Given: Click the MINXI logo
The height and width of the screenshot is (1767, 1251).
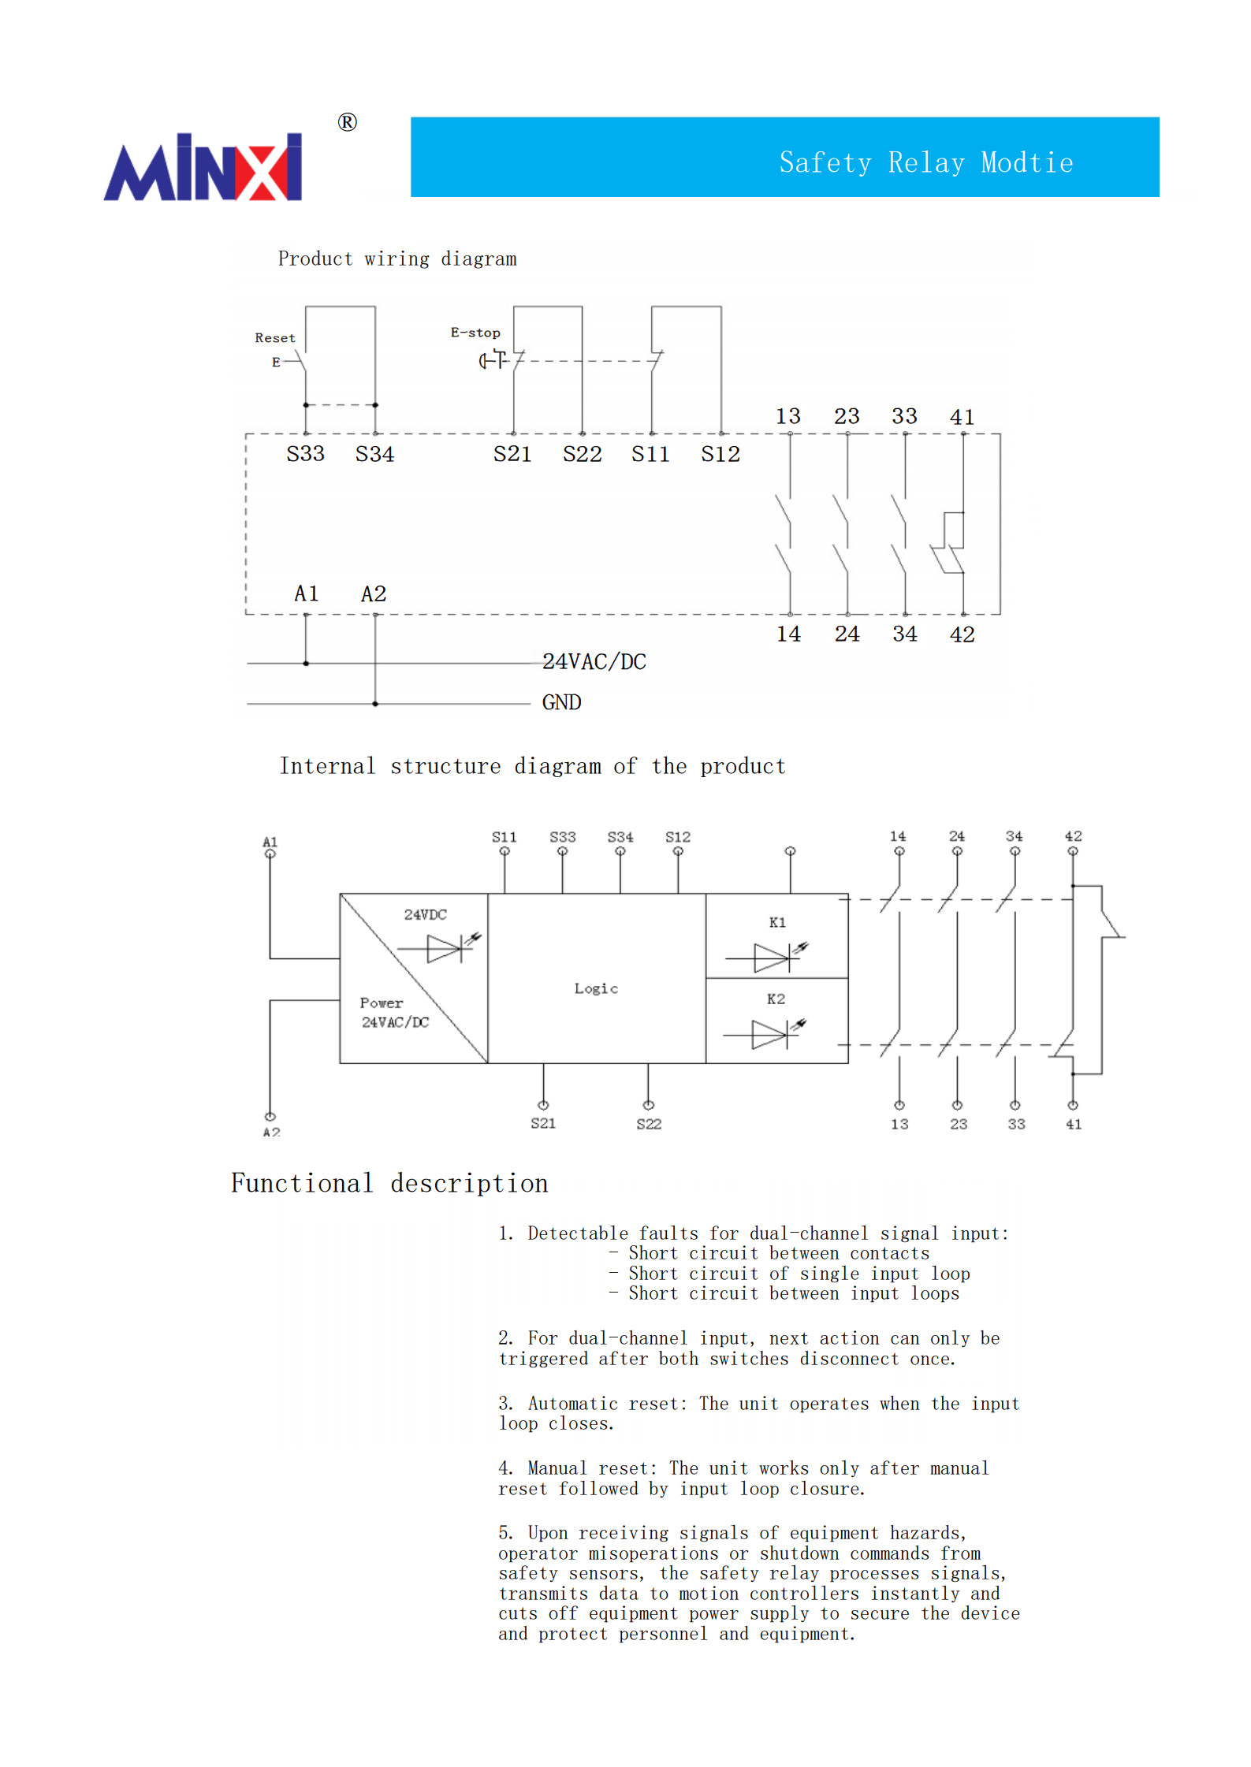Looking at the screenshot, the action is tap(203, 167).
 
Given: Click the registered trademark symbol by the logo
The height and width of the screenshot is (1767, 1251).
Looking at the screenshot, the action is tap(347, 122).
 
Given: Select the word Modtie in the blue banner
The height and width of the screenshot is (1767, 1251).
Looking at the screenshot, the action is tap(1026, 162).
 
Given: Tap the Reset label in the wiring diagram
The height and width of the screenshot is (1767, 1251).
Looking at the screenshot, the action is tap(275, 337).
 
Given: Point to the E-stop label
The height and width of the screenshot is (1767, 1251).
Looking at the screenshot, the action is tap(475, 333).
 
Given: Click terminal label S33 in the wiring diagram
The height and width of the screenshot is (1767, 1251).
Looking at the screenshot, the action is tap(305, 454).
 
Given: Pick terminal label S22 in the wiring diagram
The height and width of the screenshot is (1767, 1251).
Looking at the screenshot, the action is tap(582, 454).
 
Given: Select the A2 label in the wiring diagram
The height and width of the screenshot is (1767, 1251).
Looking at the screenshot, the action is tap(374, 593).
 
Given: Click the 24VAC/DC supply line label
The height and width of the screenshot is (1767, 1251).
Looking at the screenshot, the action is tap(594, 662).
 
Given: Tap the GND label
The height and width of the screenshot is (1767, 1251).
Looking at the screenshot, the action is tap(561, 702).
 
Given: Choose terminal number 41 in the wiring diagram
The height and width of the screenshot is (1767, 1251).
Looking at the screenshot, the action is tap(962, 417).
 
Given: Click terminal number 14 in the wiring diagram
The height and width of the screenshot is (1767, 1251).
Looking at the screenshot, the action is tap(788, 634).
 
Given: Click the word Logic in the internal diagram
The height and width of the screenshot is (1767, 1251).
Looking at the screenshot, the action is tap(596, 988).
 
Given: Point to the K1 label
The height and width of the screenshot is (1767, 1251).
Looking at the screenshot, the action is tap(777, 922).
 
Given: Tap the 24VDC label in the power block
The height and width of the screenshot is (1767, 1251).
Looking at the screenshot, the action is tap(425, 914).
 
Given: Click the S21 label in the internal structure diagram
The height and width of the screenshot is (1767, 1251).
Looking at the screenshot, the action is tap(543, 1123).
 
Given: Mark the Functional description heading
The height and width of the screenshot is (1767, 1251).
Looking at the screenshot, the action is tap(389, 1183).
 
